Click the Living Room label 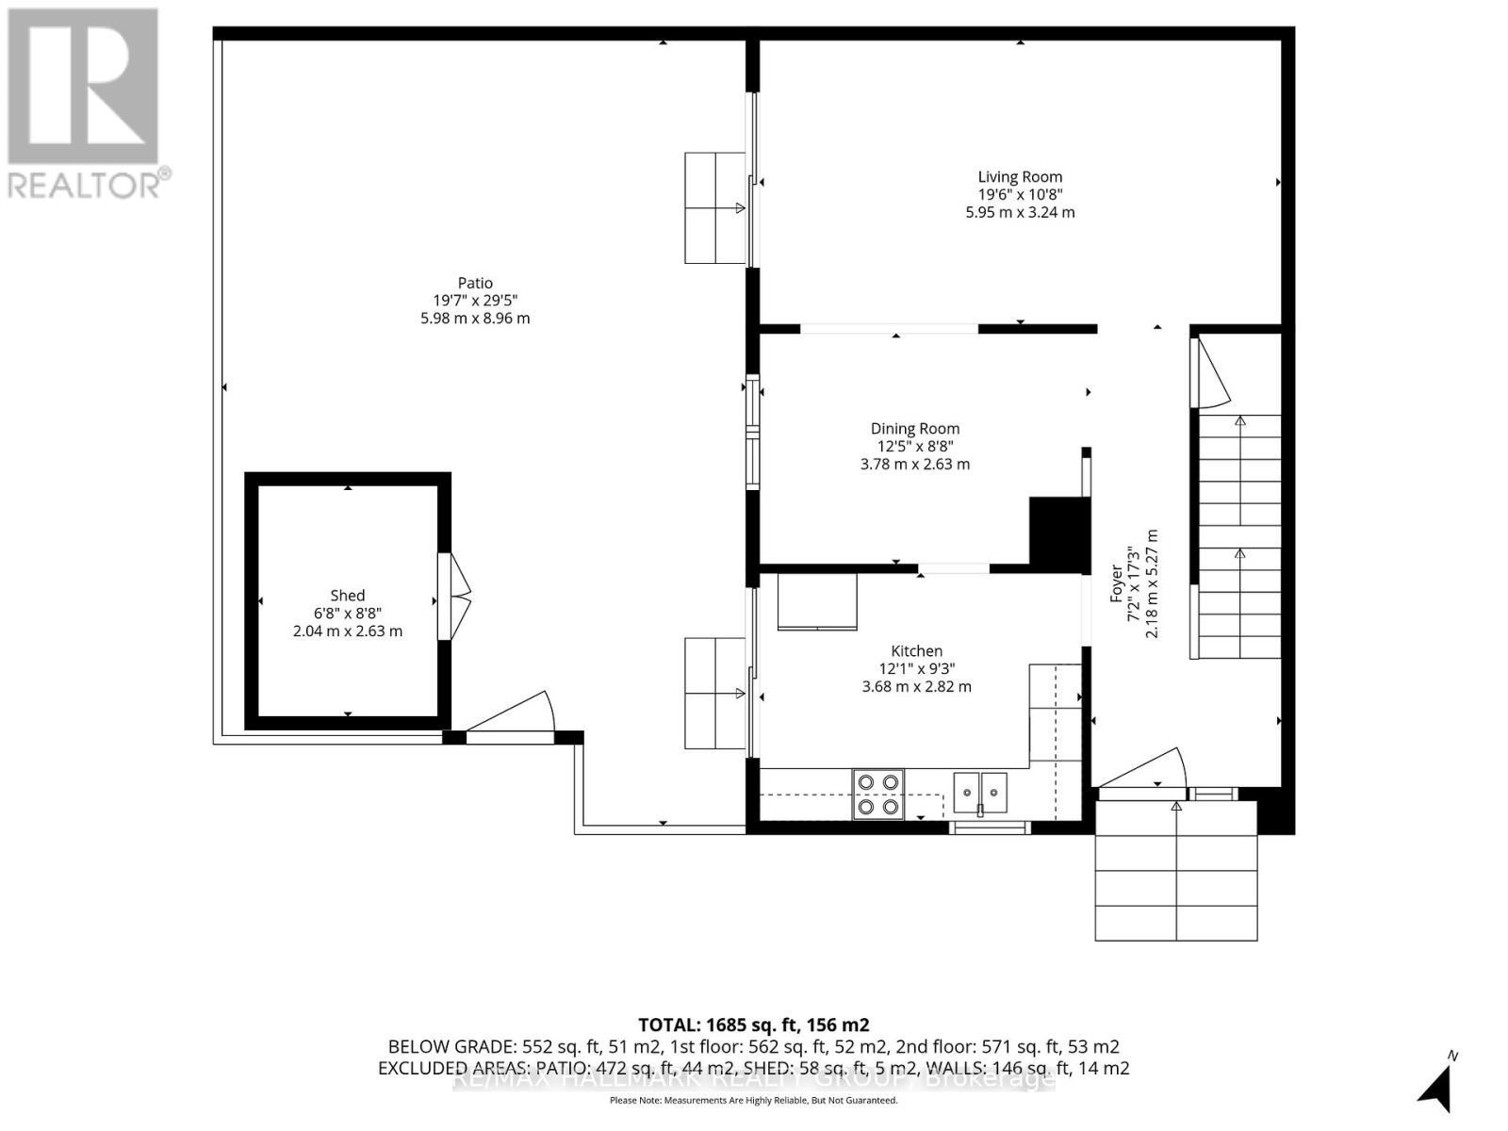tap(1020, 176)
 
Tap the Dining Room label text tap(914, 428)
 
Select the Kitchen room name tap(916, 650)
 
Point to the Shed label tap(347, 595)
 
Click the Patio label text tap(475, 283)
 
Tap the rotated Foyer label tap(1116, 583)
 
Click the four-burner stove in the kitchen tap(877, 794)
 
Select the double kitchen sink tap(980, 791)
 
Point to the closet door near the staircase tap(1211, 373)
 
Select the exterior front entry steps tap(1175, 871)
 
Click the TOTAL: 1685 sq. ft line tap(753, 1024)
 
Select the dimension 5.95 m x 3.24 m tap(1020, 212)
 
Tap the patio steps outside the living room tap(714, 207)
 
